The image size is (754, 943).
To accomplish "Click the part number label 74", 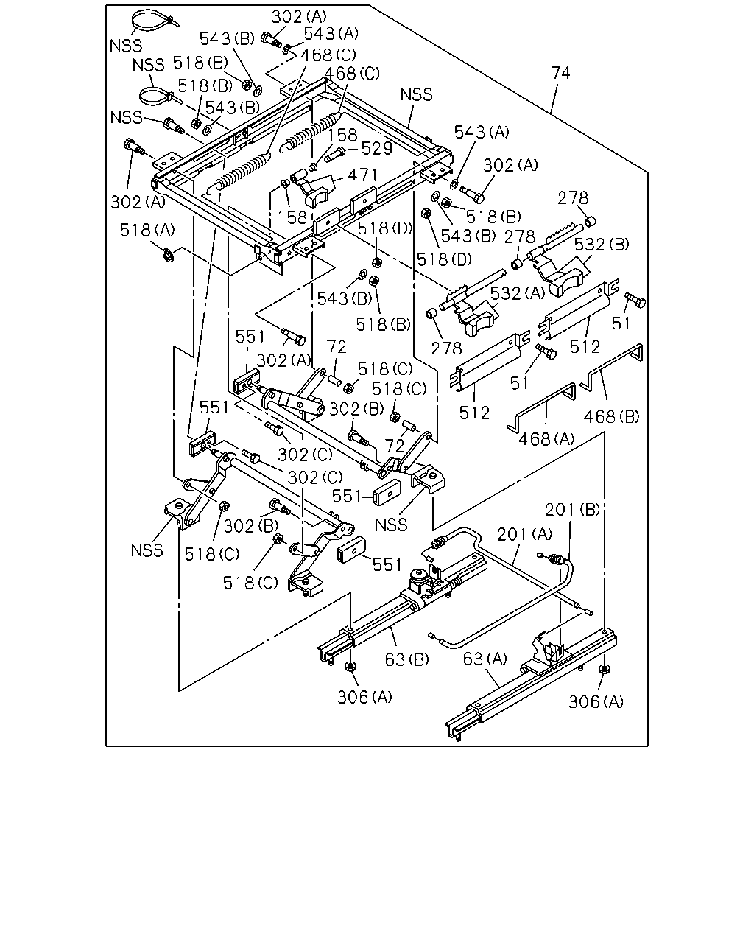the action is click(x=561, y=73).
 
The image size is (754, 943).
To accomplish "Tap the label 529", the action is click(x=376, y=149).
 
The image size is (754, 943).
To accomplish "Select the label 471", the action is click(x=362, y=175).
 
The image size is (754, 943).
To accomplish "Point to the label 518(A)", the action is click(x=147, y=230).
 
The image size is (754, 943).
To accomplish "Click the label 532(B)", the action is click(x=602, y=244).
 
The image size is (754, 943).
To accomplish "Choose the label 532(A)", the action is click(x=518, y=292).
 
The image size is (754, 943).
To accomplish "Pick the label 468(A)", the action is click(x=546, y=438).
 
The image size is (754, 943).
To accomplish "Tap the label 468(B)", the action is click(x=612, y=416).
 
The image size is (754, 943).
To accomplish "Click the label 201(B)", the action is click(x=572, y=509).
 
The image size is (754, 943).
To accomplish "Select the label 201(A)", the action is click(x=524, y=533).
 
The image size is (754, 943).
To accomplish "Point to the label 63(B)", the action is click(x=407, y=659).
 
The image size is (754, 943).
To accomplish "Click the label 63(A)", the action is click(x=485, y=658).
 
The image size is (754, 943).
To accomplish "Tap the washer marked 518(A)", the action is click(x=168, y=255).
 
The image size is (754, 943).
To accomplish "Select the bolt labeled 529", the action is click(x=336, y=155).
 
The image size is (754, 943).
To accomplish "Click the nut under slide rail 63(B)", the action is click(x=350, y=667).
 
